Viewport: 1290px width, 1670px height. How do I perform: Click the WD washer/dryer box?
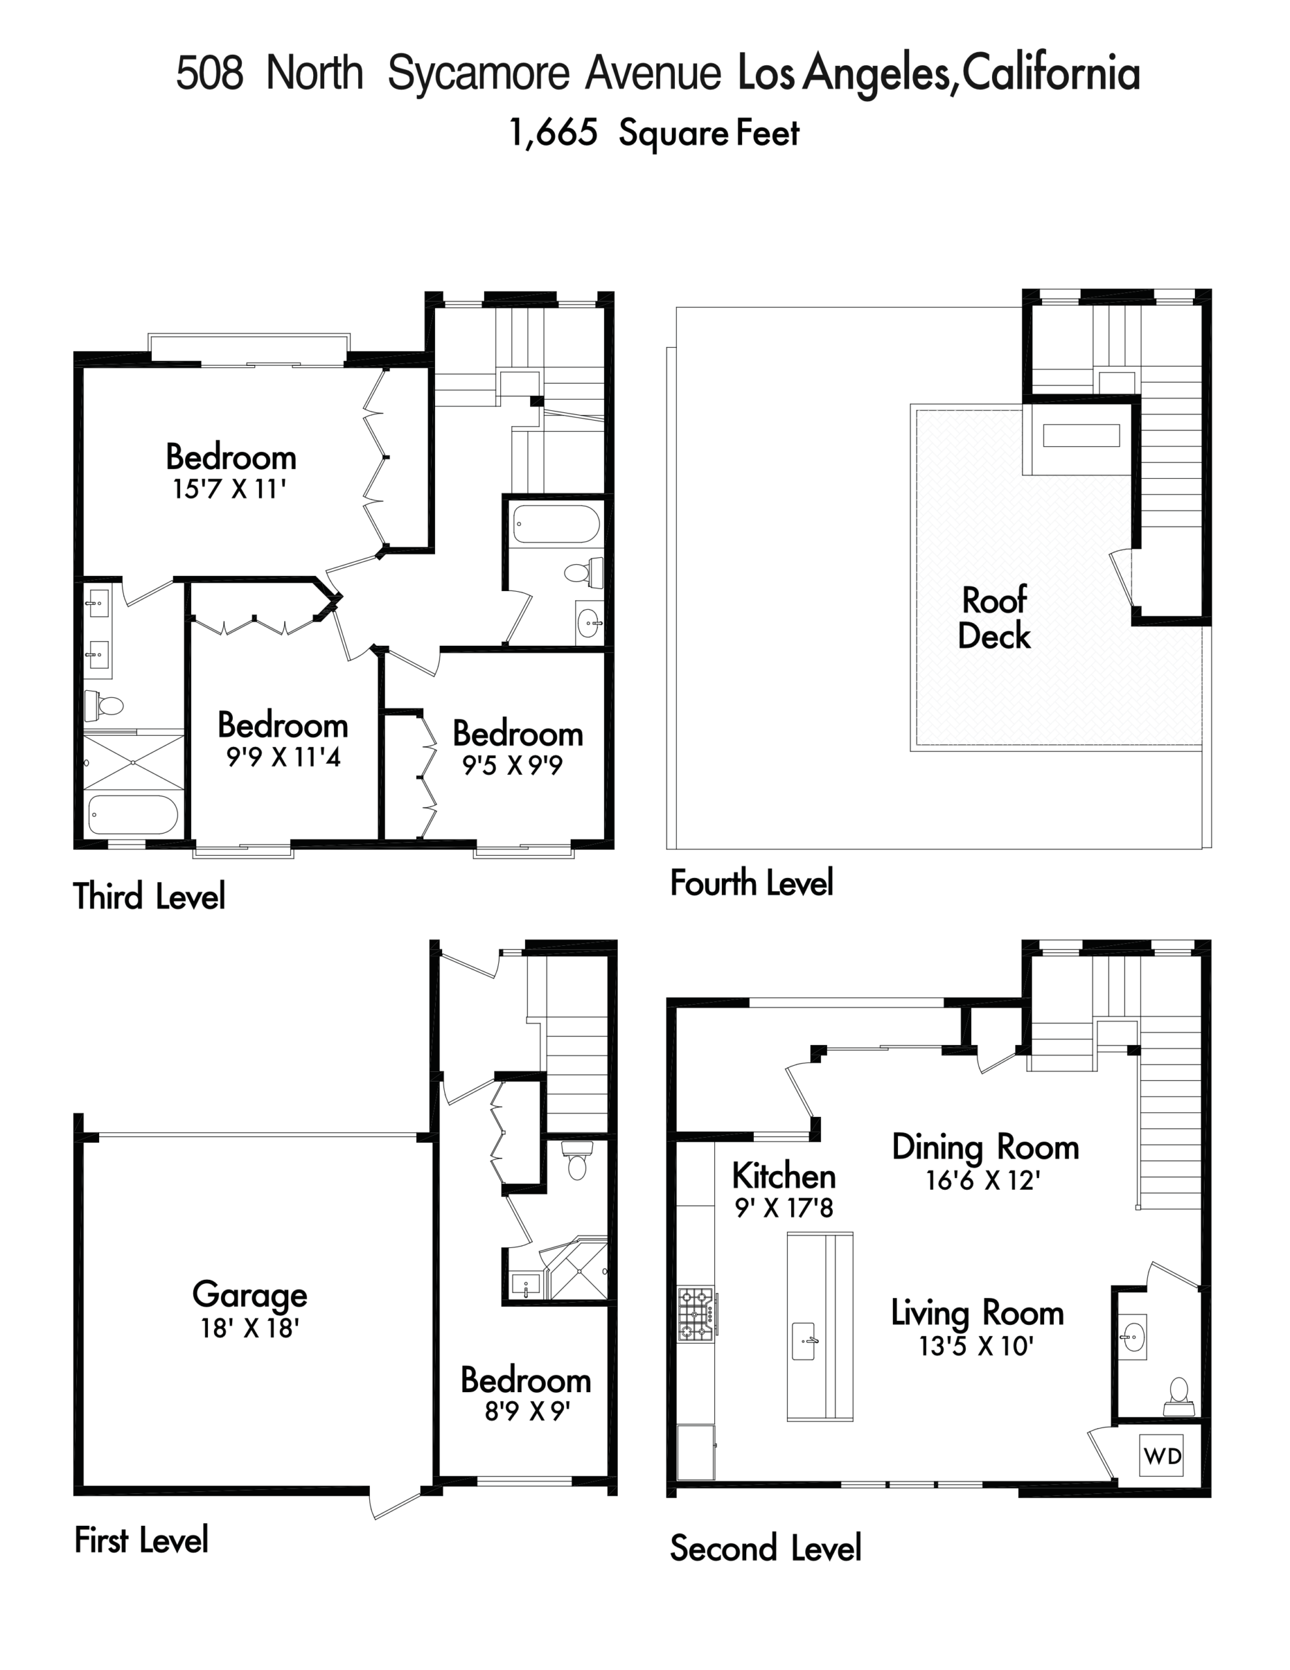tap(1162, 1456)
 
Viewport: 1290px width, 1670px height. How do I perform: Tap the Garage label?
tap(249, 1294)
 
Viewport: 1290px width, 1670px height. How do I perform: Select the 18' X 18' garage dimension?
tap(249, 1329)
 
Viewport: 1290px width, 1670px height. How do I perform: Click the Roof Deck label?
tap(994, 618)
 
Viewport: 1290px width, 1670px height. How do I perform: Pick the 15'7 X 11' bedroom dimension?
tap(230, 489)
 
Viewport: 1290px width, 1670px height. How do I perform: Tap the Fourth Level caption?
tap(751, 883)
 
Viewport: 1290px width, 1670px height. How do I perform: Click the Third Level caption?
tap(149, 896)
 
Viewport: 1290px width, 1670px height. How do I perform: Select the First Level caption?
tap(141, 1540)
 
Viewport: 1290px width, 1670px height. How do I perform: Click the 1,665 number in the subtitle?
tap(553, 133)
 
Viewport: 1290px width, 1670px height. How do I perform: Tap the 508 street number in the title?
tap(209, 74)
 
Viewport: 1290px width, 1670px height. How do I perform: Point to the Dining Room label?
tap(985, 1147)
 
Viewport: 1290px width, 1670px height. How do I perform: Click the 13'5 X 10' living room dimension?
tap(976, 1346)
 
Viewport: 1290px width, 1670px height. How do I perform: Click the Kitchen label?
tap(784, 1176)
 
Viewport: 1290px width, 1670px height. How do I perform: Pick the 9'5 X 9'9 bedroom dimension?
tap(513, 765)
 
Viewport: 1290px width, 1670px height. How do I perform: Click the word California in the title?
tap(1051, 74)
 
